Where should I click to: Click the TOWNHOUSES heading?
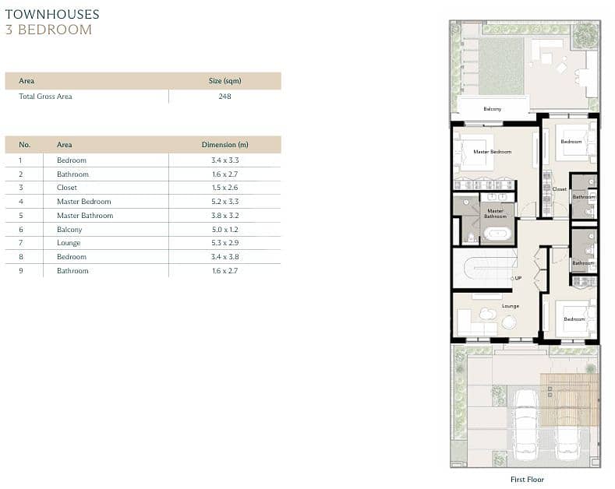coord(52,14)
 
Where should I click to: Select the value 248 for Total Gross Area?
coord(224,97)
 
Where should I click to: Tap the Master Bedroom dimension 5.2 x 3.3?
coord(224,202)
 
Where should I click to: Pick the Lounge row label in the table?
coord(69,243)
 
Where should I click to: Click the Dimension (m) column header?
coord(224,145)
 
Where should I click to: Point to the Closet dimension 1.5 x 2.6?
coord(224,188)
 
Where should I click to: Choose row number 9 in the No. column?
coord(21,271)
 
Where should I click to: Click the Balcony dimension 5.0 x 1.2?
coord(224,230)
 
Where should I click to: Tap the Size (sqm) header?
coord(224,81)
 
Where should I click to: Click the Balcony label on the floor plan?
coord(493,109)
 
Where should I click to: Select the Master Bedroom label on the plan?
coord(493,152)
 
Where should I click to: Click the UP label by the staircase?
coord(518,278)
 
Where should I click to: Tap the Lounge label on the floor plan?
coord(511,306)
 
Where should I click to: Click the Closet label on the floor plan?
coord(560,189)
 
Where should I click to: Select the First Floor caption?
coord(527,479)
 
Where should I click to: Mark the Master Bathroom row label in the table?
coord(85,216)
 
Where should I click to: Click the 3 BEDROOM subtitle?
coord(48,30)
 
